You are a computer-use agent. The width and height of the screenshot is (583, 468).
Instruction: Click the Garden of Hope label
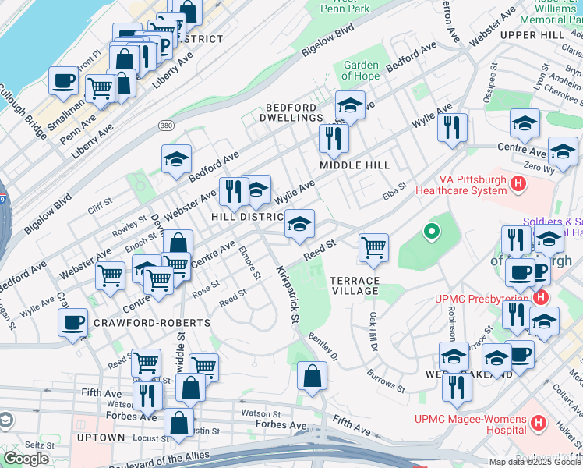tap(361, 70)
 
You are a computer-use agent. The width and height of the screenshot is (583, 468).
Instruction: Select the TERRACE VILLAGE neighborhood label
tap(355, 285)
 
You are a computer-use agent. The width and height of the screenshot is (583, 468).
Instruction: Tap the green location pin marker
tap(431, 232)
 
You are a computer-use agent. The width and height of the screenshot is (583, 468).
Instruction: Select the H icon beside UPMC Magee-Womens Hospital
tap(537, 423)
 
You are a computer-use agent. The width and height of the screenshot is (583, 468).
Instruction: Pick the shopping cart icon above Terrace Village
tap(374, 247)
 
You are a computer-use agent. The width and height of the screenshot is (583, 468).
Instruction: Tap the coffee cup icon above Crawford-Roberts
tap(73, 322)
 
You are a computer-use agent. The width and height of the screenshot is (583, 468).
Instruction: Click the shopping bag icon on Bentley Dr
tap(312, 376)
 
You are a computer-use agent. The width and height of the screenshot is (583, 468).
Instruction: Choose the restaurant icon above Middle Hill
tap(333, 138)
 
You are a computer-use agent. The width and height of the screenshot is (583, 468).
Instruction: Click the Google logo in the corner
tap(26, 459)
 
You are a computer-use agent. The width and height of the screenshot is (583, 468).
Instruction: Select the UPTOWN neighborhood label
tap(101, 438)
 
